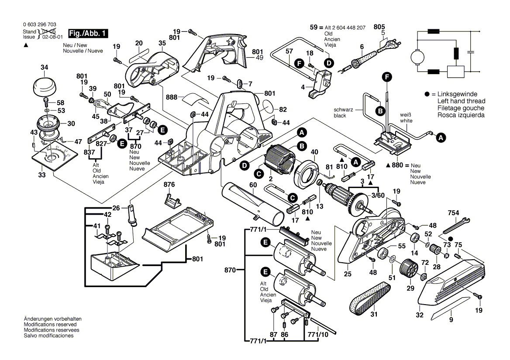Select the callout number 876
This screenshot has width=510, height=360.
pos(169,185)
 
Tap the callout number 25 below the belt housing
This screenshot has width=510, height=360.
pos(348,274)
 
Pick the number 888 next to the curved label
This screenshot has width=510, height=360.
pos(171,97)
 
